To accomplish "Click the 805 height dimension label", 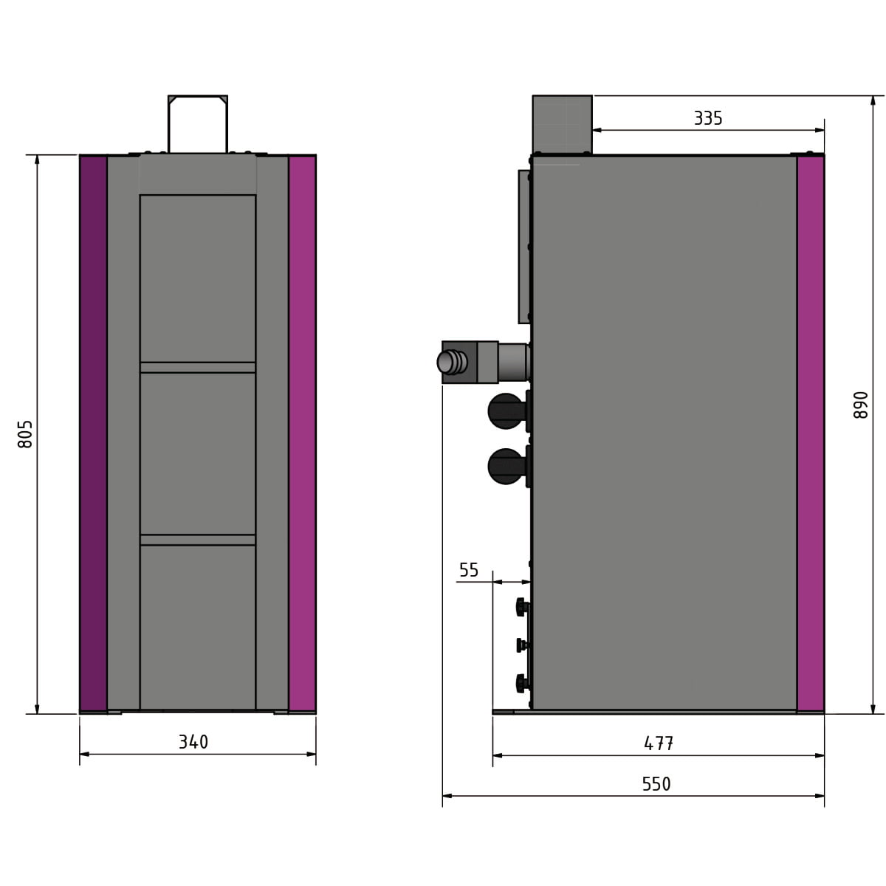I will click(25, 434).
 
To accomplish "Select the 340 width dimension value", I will click(193, 741).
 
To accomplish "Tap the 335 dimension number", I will click(707, 118).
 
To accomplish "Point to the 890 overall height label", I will click(861, 405).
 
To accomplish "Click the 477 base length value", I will click(658, 743).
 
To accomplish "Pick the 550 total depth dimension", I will click(656, 783).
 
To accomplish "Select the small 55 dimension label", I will click(469, 570).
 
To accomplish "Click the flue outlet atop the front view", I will click(198, 124).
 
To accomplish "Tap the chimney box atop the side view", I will click(562, 124).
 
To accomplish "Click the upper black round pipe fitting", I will click(506, 411).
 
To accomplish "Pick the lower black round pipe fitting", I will click(506, 467).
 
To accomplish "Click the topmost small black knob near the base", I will click(522, 607).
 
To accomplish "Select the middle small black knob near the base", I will click(522, 645).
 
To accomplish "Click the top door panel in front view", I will click(198, 278).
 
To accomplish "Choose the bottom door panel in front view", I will click(198, 628).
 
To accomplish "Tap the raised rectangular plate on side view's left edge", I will click(524, 247).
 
